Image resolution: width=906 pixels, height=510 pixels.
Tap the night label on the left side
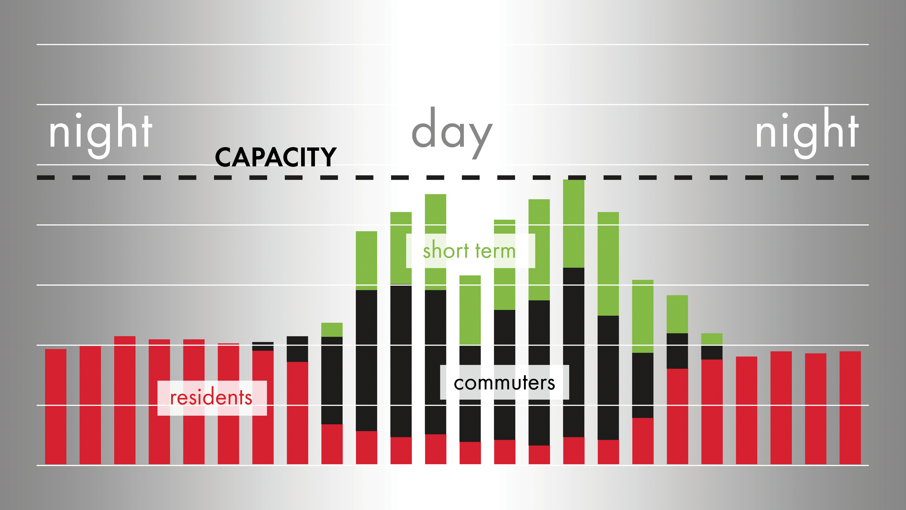pyautogui.click(x=101, y=133)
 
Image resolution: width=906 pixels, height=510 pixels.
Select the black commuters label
pyautogui.click(x=504, y=383)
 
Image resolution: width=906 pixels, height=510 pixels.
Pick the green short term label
pyautogui.click(x=469, y=251)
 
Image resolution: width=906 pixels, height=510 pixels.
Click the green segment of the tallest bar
pyautogui.click(x=574, y=224)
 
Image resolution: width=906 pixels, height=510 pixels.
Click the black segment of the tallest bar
pyautogui.click(x=574, y=352)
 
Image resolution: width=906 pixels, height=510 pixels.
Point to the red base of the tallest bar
pyautogui.click(x=574, y=451)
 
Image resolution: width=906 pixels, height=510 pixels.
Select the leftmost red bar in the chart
pyautogui.click(x=56, y=407)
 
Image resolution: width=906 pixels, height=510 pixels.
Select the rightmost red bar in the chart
pyautogui.click(x=850, y=408)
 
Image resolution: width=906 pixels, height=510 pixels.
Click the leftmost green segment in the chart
pyautogui.click(x=332, y=330)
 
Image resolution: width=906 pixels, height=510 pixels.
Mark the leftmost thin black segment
pyautogui.click(x=263, y=346)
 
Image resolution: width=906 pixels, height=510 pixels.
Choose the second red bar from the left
pyautogui.click(x=90, y=406)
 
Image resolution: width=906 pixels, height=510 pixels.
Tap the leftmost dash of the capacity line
pyautogui.click(x=46, y=178)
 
